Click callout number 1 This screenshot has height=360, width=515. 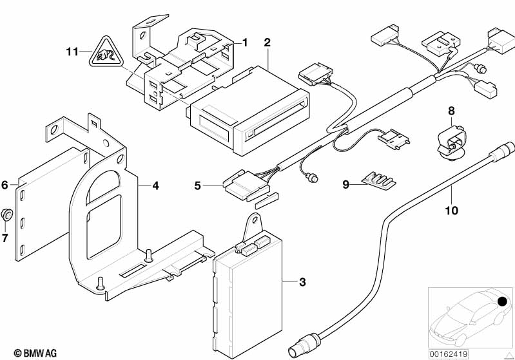coord(245,43)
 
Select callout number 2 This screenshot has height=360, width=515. coord(267,43)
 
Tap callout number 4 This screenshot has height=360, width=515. coord(155,186)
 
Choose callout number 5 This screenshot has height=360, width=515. coord(198,186)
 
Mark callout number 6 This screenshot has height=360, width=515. coord(5,185)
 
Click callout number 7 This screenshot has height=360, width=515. coord(5,238)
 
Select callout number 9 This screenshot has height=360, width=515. coord(345,185)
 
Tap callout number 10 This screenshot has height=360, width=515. coord(452,209)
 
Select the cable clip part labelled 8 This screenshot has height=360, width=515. coord(451,139)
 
